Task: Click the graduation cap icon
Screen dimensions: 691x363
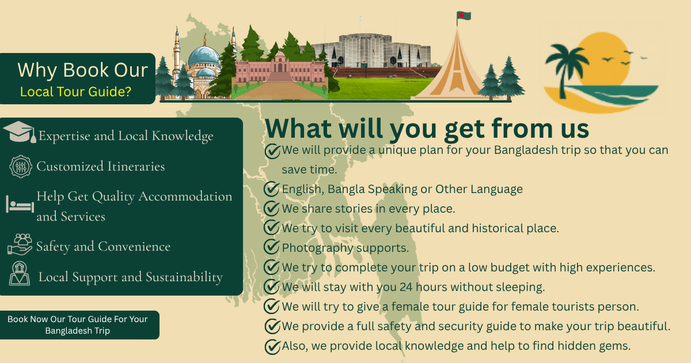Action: pos(19,132)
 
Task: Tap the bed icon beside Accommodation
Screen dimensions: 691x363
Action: pos(20,205)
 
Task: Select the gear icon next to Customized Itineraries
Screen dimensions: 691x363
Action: pos(20,167)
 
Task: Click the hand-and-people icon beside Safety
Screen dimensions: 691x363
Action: pos(20,244)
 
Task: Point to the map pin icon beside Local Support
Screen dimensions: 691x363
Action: pos(20,274)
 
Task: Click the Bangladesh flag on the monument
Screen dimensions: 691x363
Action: pos(464,16)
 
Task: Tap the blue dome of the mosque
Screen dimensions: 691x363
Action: pos(204,55)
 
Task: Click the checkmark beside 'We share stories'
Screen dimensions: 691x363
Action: pos(272,209)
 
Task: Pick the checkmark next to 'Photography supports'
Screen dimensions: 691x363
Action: pos(272,247)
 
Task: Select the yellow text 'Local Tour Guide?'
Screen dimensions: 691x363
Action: pos(75,92)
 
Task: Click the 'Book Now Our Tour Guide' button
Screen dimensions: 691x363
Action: pos(79,325)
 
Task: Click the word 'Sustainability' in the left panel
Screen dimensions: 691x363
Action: pos(184,277)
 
